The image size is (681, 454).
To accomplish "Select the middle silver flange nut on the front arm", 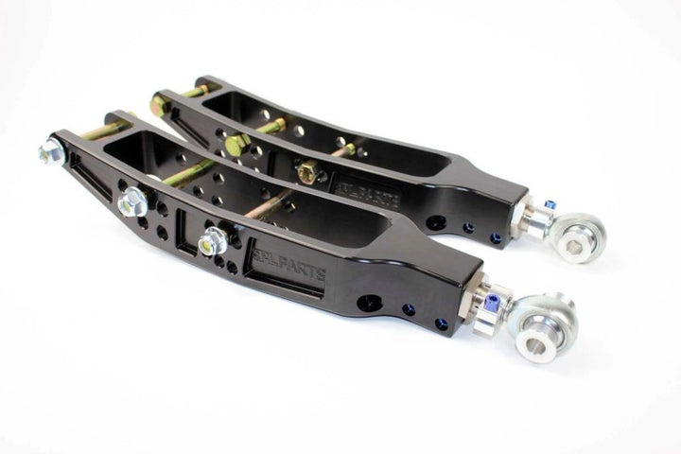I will pos(134,201).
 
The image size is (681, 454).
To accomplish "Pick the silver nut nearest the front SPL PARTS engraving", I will pos(213,241).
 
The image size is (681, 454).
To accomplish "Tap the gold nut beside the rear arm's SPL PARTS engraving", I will pos(308,173).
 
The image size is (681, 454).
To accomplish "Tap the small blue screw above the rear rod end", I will pos(550,205).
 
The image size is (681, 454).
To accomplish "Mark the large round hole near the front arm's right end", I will pos(369,304).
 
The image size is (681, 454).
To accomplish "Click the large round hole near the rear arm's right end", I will pos(436,222).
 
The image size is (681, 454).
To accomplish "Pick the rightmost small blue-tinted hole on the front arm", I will pos(441,323).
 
